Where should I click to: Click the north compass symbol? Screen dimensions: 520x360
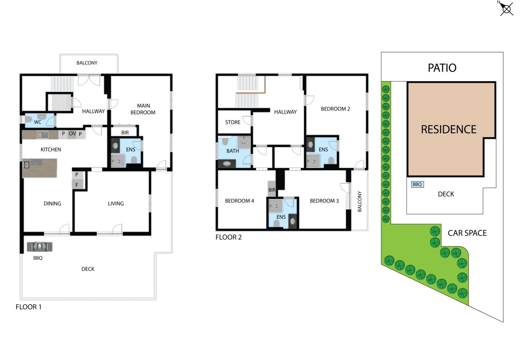(x=506, y=9)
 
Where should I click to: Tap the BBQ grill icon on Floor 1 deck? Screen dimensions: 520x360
(x=40, y=247)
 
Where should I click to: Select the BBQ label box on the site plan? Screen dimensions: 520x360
(x=417, y=184)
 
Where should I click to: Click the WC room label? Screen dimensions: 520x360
(x=38, y=122)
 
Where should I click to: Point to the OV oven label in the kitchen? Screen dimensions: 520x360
(x=72, y=134)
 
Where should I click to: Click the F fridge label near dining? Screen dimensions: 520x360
(x=77, y=185)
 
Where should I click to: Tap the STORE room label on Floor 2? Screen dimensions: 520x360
(x=233, y=122)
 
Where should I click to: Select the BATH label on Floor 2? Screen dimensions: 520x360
(x=233, y=151)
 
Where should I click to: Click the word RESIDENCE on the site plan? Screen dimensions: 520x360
(x=448, y=130)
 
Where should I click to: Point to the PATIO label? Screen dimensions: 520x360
(x=442, y=68)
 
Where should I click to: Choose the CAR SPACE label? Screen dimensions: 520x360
(x=467, y=233)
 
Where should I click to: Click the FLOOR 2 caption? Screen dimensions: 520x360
(x=228, y=237)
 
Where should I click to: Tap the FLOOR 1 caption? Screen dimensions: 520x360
(x=28, y=307)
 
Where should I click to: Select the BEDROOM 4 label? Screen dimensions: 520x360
(x=239, y=201)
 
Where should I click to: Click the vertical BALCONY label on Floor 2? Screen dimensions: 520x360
(x=360, y=202)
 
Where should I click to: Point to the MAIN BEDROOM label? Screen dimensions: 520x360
(x=143, y=109)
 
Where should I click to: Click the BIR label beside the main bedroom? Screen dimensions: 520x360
(x=125, y=132)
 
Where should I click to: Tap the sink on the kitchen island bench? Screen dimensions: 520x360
(x=26, y=164)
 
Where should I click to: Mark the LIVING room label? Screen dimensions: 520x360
(x=116, y=204)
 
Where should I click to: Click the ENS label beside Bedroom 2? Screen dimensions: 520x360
(x=323, y=150)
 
